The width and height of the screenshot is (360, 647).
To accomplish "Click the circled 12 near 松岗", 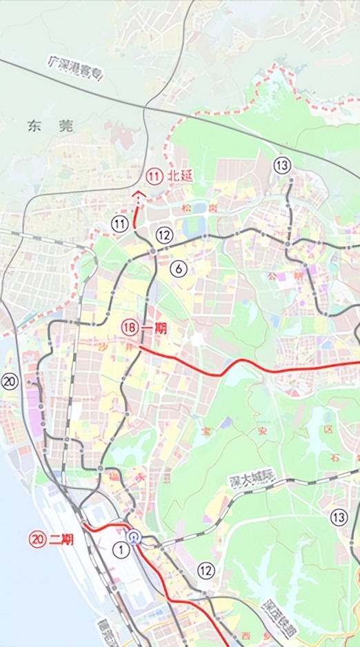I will click(163, 235).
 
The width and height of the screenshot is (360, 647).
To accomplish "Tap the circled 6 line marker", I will click(179, 269).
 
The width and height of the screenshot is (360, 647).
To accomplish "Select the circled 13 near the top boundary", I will click(281, 166).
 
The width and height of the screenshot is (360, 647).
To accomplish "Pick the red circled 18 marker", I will click(129, 328).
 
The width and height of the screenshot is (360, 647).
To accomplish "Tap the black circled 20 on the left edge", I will click(9, 381).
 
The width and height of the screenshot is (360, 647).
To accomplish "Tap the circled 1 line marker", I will click(121, 549).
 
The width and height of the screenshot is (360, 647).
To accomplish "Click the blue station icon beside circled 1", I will click(134, 537).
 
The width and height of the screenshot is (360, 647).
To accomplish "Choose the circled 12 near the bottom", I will click(206, 570).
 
